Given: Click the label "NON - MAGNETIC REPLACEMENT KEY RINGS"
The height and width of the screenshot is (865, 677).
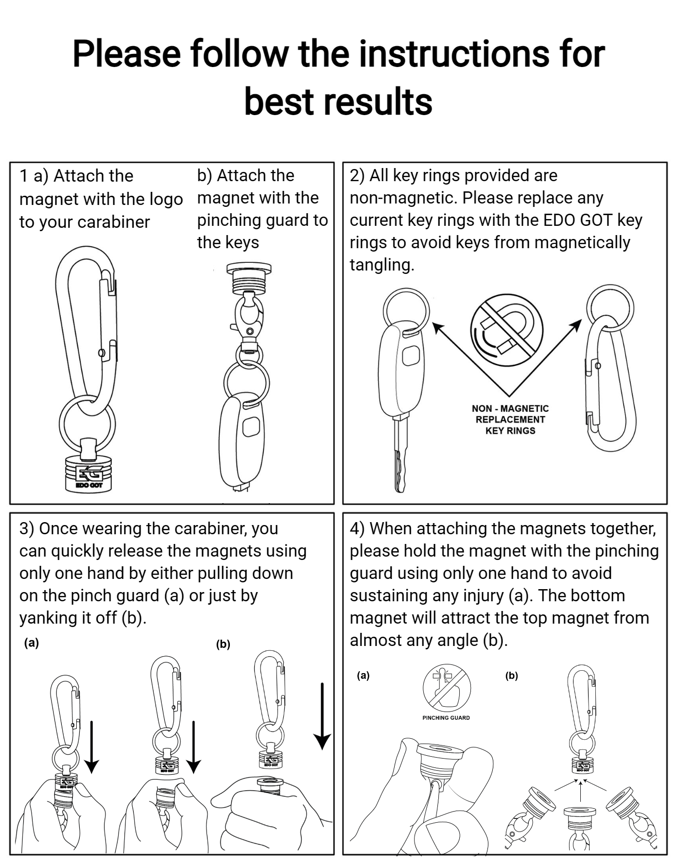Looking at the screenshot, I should pos(510,420).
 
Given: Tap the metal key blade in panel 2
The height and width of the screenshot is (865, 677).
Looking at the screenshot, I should pos(400,457).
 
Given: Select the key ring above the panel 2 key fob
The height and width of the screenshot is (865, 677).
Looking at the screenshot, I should pos(406,311).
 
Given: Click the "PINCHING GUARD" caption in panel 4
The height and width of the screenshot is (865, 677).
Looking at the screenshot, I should pos(446,717).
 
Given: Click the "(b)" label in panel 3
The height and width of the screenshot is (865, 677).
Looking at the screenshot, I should pos(223,645).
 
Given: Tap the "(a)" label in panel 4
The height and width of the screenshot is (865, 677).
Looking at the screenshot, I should pos(363,675).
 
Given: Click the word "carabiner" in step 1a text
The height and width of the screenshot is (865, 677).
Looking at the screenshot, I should pos(114,222).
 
